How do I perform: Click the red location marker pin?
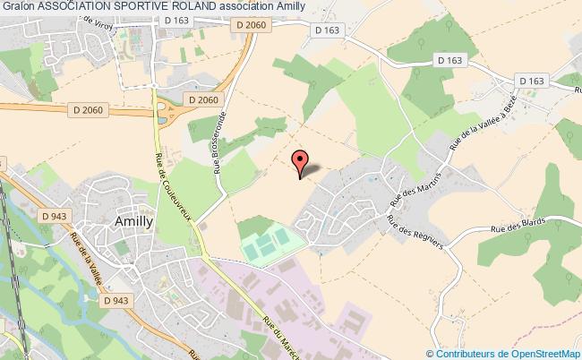point(301,162)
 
